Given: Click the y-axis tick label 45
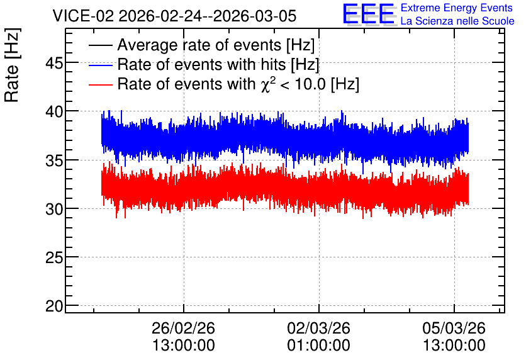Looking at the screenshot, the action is [54, 63].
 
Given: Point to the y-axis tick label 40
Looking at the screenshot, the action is [54, 112].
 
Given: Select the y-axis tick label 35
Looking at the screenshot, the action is [54, 160].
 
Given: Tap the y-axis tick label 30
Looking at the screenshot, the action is [54, 210].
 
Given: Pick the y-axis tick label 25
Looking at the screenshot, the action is [54, 258].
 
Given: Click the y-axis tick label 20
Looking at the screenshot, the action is [54, 307].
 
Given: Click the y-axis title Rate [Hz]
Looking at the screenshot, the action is [12, 65].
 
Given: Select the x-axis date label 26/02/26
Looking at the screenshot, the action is [183, 328].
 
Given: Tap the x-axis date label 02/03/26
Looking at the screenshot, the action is [318, 328].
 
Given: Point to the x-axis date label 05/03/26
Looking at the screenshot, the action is [454, 328].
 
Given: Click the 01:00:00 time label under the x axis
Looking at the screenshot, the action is [318, 346].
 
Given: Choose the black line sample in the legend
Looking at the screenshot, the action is [100, 45].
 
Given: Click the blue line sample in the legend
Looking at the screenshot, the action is [100, 65].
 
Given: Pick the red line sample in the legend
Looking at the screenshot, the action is [100, 85].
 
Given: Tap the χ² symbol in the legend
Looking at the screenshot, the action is [268, 84].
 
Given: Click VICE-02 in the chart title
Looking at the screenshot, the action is [83, 16].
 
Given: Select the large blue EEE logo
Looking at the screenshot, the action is [369, 14].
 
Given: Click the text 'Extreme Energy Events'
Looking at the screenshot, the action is [457, 8].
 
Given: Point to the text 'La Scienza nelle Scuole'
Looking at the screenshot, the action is [457, 21].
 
